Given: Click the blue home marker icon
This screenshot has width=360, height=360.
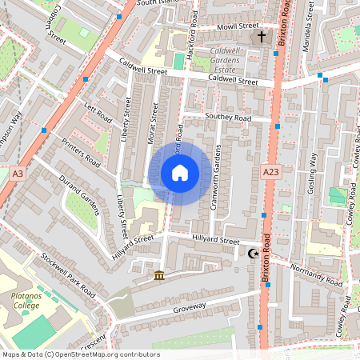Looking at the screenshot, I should (x=180, y=172).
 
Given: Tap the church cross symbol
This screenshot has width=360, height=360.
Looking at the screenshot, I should (x=259, y=38).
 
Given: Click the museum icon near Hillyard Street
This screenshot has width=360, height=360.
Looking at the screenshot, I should (x=159, y=276).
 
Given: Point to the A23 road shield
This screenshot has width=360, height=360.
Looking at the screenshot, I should (x=270, y=171).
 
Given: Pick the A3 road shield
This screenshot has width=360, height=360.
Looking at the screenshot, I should (x=18, y=172).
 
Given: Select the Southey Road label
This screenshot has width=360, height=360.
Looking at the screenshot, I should (x=227, y=118).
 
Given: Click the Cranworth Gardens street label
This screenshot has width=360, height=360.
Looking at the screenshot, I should (x=215, y=178).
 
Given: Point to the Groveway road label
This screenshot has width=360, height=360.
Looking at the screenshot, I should (x=189, y=306).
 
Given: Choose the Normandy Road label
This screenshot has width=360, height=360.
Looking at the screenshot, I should (x=316, y=274).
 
